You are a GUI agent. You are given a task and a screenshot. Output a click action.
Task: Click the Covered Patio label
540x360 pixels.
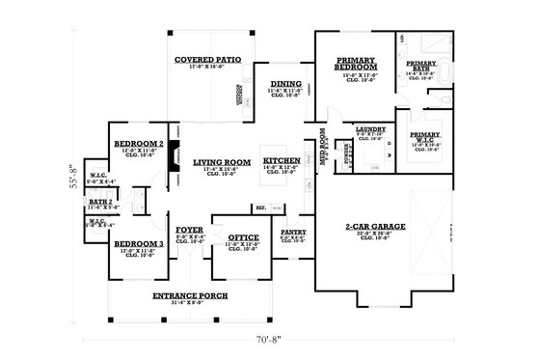207,59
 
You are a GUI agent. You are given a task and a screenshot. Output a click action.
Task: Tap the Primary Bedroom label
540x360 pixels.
356,65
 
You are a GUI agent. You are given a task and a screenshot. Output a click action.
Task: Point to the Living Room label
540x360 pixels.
221,162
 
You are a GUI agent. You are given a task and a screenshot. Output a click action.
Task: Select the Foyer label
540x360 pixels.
189,230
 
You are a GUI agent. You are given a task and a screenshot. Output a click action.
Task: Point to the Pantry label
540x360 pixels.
293,232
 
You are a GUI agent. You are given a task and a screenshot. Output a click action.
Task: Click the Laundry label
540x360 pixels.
369,128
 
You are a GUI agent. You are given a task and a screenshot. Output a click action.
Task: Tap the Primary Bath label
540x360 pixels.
424,67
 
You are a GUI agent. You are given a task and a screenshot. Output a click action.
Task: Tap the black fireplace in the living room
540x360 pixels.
173,163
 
